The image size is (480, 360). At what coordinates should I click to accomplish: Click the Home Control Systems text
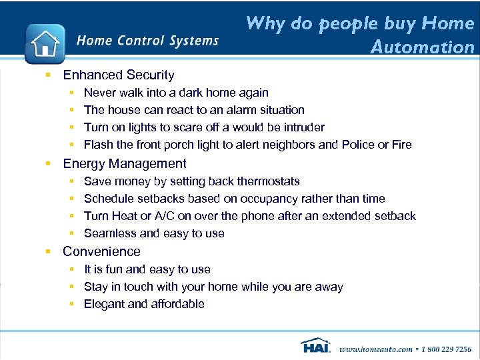(x=147, y=41)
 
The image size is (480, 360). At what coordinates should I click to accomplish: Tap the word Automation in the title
(x=422, y=47)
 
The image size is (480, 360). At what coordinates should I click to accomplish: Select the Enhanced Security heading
(x=118, y=75)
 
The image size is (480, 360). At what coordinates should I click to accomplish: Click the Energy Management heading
(x=124, y=163)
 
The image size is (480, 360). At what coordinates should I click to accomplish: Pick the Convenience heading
(x=101, y=251)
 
